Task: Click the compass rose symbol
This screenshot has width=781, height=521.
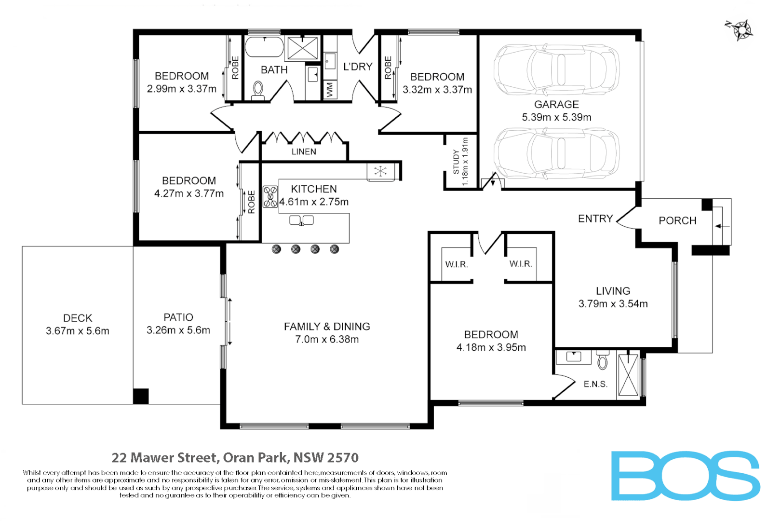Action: [x=742, y=30]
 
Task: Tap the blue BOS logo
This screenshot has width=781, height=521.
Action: [x=685, y=476]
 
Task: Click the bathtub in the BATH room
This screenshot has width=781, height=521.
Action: [x=264, y=48]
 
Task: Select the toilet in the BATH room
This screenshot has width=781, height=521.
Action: [x=258, y=89]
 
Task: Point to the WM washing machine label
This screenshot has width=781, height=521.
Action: [x=330, y=90]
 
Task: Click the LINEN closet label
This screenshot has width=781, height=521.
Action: [x=304, y=151]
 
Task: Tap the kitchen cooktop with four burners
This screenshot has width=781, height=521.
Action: [x=270, y=197]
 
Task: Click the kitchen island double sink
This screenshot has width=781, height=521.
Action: [x=301, y=220]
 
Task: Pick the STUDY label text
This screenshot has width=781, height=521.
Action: [x=456, y=162]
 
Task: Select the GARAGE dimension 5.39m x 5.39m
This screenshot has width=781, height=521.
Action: [x=556, y=117]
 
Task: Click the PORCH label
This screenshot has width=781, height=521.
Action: [x=677, y=220]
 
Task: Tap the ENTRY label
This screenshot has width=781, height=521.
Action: [x=595, y=219]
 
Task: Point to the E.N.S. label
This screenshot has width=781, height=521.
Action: [x=595, y=384]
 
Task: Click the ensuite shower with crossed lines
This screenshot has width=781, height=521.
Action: [x=628, y=375]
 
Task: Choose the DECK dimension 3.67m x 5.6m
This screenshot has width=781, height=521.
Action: [x=78, y=331]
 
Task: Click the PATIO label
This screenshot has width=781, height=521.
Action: [x=178, y=317]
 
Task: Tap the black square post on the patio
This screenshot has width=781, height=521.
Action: [x=141, y=396]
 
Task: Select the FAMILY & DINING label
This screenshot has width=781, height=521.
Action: [x=327, y=327]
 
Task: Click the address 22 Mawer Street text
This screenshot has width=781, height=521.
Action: [x=235, y=457]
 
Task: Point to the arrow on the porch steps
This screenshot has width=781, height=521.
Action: [x=722, y=226]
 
